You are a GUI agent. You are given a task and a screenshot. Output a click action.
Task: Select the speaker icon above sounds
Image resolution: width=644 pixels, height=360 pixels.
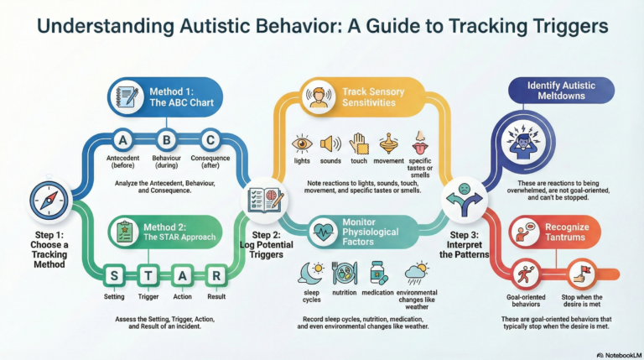point(330,143)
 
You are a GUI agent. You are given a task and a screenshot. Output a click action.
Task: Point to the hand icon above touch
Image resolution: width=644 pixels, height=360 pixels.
point(360,143)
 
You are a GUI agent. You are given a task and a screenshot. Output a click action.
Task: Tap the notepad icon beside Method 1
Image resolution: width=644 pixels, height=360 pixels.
point(127,95)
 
